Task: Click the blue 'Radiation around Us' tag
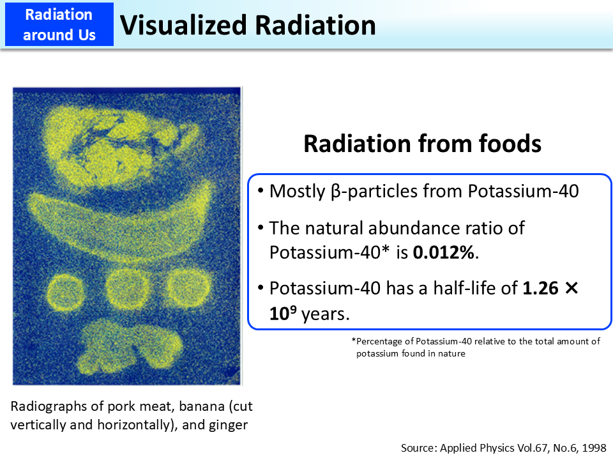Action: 59,24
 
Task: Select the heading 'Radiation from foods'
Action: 422,144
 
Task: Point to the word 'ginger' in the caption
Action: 229,424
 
